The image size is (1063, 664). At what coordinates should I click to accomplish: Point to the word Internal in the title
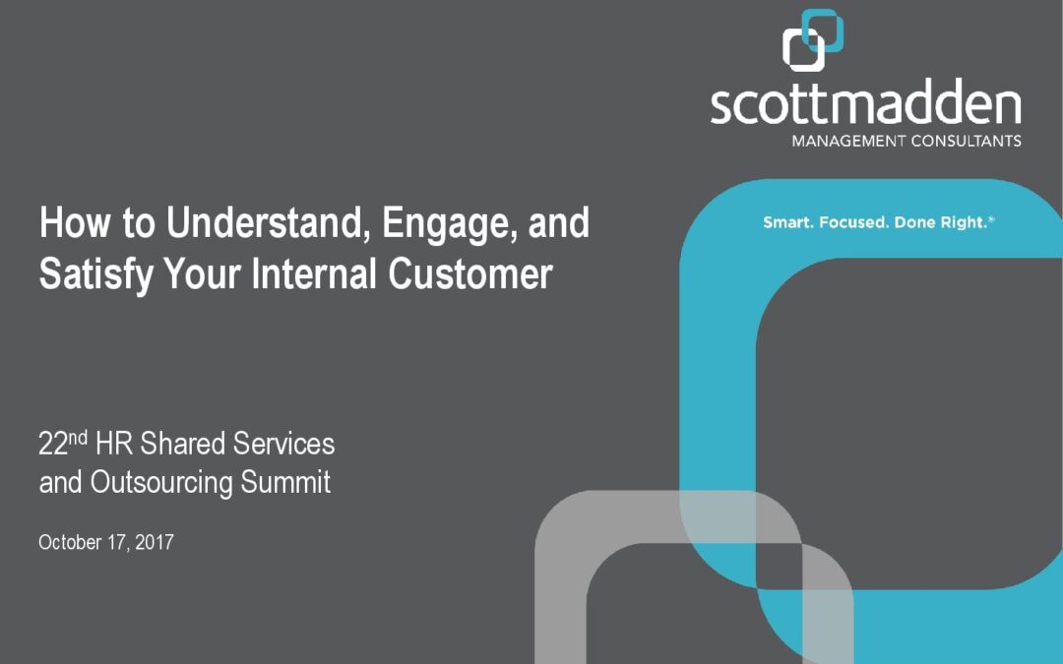314,273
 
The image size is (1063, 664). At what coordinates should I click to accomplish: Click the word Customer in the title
470,273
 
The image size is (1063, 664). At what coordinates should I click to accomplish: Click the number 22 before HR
53,445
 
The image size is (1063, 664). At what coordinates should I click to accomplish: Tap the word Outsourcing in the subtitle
161,483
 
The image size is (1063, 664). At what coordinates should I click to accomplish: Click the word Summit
285,482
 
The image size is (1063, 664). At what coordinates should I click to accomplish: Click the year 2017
155,542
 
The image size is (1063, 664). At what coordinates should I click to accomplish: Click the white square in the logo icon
803,49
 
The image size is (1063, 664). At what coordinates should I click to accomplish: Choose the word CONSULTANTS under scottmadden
967,141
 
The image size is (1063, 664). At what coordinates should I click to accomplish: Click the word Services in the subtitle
284,444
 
